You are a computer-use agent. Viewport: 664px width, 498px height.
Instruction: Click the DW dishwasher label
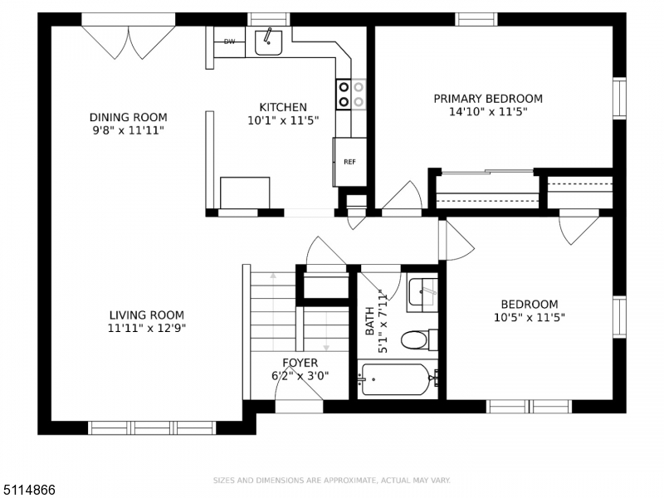click(x=229, y=41)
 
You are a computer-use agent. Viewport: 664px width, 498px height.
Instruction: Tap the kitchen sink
click(x=268, y=42)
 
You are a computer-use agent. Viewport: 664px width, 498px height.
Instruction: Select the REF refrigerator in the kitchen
click(x=349, y=162)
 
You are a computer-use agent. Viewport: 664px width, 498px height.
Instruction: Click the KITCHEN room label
click(x=283, y=107)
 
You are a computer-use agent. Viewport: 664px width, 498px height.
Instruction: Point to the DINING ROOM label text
click(x=129, y=117)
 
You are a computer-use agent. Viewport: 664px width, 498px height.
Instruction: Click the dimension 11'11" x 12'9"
click(x=147, y=328)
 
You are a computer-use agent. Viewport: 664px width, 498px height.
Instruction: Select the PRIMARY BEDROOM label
click(x=488, y=99)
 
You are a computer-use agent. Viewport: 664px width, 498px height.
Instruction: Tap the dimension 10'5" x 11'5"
click(x=530, y=317)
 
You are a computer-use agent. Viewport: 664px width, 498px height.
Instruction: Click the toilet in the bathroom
click(x=419, y=340)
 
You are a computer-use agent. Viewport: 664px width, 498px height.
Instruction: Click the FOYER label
click(x=300, y=363)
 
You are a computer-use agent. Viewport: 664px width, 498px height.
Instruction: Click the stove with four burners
click(x=351, y=95)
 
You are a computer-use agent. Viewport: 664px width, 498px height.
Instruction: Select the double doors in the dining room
click(x=129, y=42)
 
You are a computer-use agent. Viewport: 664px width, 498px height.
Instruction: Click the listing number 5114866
click(x=28, y=490)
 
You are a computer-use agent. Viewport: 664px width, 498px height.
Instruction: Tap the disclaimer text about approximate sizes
click(x=331, y=481)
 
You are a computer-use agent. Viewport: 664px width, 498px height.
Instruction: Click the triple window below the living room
click(x=152, y=427)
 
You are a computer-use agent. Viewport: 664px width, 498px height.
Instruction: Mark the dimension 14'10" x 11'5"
click(x=488, y=112)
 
